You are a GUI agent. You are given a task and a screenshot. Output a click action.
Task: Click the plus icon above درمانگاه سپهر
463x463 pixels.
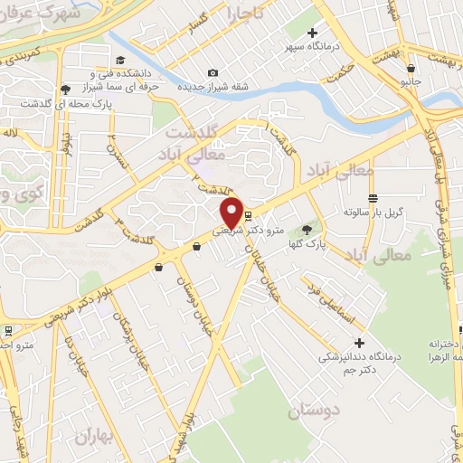click(312, 33)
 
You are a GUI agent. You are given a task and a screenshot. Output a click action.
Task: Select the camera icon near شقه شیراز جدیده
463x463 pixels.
click(213, 73)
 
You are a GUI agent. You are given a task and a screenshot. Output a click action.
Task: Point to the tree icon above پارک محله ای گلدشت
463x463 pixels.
click(66, 89)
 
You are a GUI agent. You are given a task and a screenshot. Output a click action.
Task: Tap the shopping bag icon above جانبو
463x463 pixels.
click(411, 68)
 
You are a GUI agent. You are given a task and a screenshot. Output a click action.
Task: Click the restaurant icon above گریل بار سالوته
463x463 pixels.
click(371, 198)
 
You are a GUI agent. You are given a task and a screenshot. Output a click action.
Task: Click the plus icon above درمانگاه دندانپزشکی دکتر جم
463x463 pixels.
click(360, 343)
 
